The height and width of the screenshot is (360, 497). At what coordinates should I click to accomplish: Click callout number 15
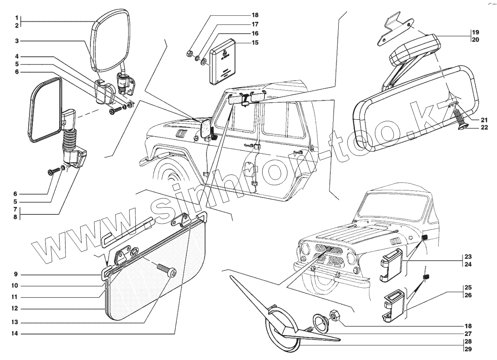(255, 43)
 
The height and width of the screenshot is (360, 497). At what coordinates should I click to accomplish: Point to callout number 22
(484, 127)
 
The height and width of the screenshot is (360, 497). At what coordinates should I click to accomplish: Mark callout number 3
(17, 40)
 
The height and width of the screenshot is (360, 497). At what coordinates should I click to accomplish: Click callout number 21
(484, 120)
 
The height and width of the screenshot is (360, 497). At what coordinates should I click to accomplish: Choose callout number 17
(255, 24)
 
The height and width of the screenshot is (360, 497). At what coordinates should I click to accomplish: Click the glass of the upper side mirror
(111, 41)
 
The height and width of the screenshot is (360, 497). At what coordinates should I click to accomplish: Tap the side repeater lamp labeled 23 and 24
(391, 265)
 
